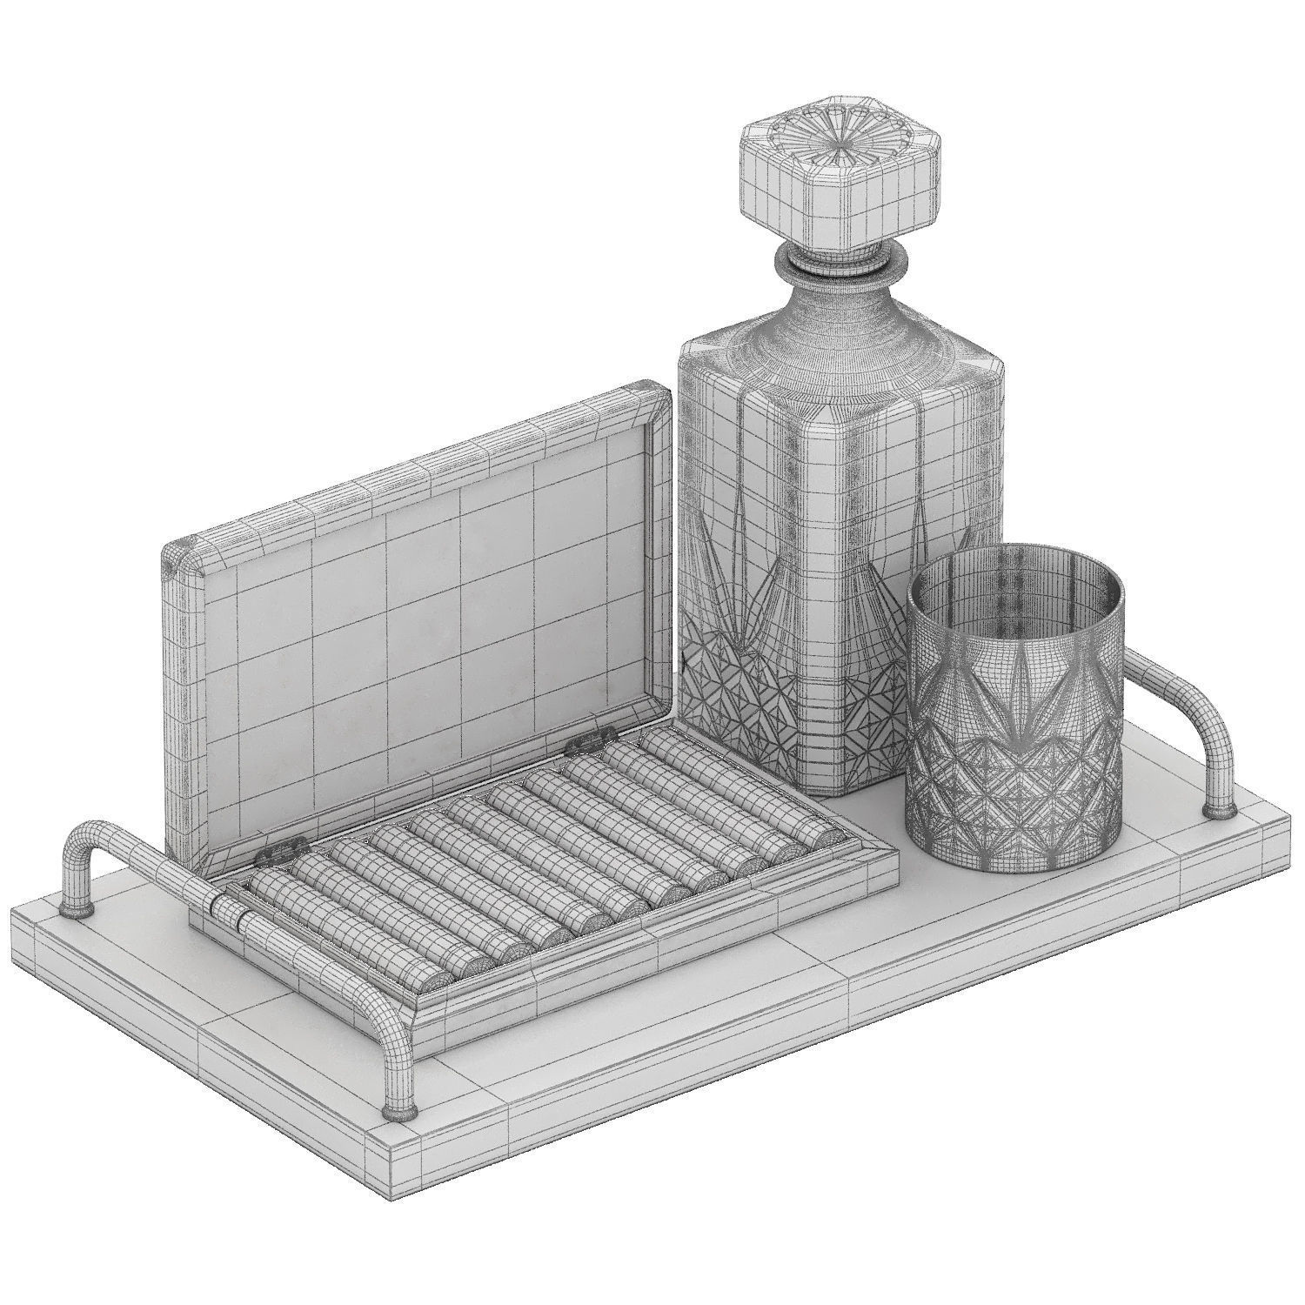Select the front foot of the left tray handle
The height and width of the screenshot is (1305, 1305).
coord(398,1109)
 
